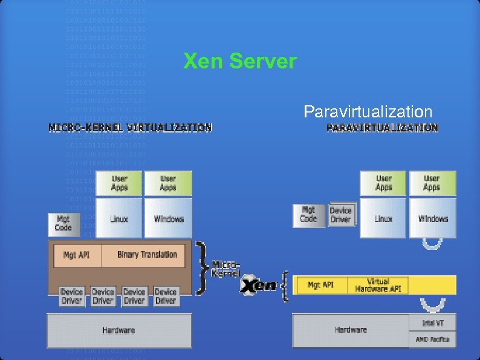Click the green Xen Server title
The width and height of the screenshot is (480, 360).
pyautogui.click(x=240, y=61)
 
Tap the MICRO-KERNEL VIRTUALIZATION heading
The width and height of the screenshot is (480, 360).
pyautogui.click(x=130, y=128)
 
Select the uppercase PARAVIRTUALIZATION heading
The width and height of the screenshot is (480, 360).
pyautogui.click(x=382, y=128)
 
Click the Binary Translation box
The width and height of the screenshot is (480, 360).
pyautogui.click(x=147, y=255)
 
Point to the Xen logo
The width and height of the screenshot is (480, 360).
pyautogui.click(x=259, y=286)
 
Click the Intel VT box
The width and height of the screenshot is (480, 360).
pyautogui.click(x=432, y=323)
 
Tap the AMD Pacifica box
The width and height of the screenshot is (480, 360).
pyautogui.click(x=432, y=339)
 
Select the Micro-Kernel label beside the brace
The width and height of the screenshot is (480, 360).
pyautogui.click(x=226, y=269)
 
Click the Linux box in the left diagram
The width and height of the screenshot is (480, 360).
pyautogui.click(x=119, y=218)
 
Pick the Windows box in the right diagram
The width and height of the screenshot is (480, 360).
pyautogui.click(x=433, y=218)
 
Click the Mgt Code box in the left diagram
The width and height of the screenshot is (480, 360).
pyautogui.click(x=63, y=224)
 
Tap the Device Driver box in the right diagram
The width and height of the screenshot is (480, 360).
pyautogui.click(x=341, y=215)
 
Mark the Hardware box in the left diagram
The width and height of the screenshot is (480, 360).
pyautogui.click(x=118, y=330)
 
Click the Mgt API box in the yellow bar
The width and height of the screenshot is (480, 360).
pyautogui.click(x=320, y=285)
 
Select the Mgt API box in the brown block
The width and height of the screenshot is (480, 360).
pyautogui.click(x=76, y=255)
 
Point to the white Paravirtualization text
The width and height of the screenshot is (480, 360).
pyautogui.click(x=368, y=112)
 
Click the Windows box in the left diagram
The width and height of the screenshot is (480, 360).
pyautogui.click(x=169, y=218)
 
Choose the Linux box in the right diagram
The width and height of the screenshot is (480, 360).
pyautogui.click(x=383, y=218)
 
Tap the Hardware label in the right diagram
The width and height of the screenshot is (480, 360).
pyautogui.click(x=351, y=330)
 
